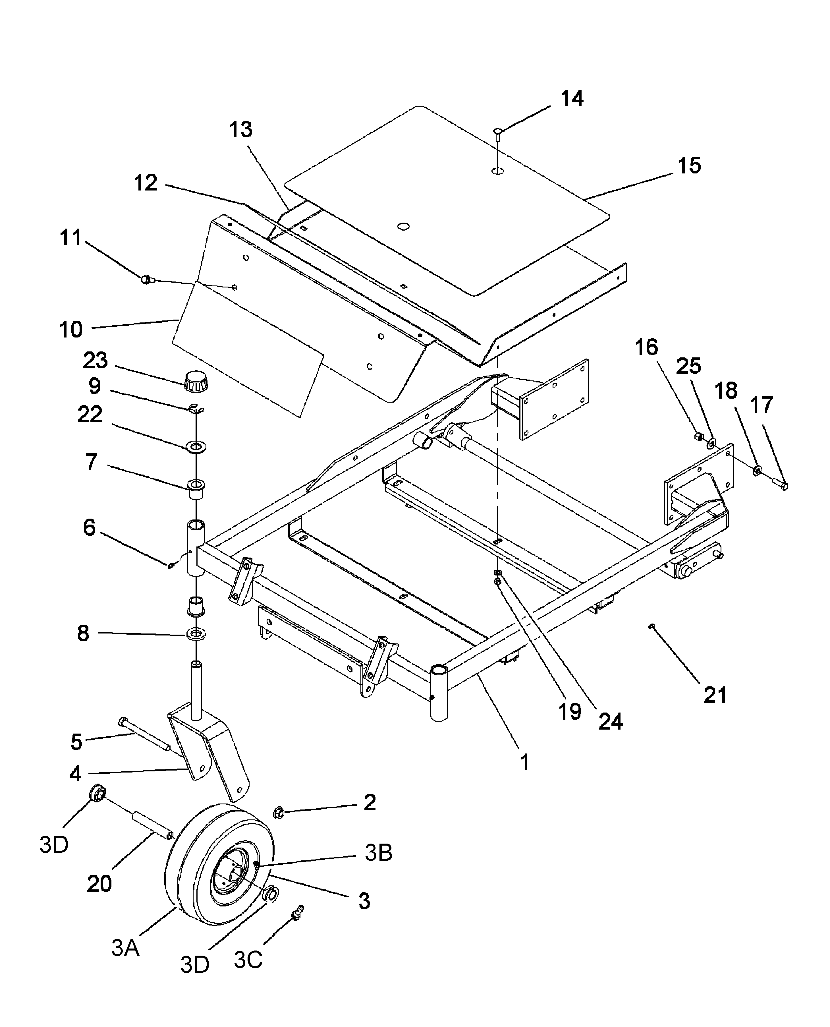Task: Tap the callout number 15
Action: pyautogui.click(x=689, y=165)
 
